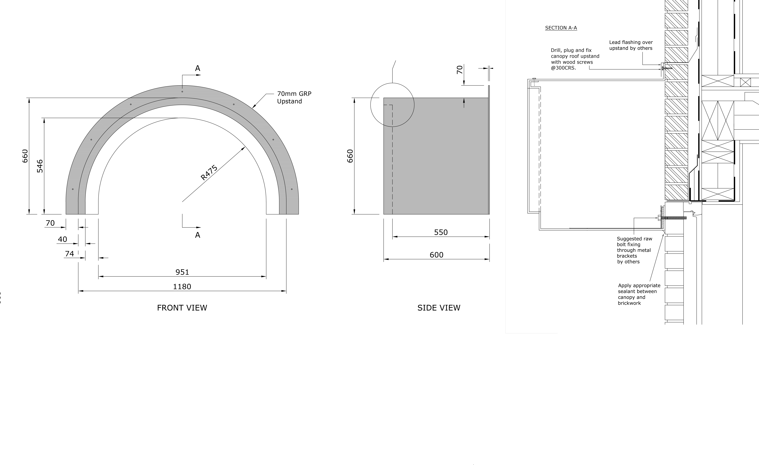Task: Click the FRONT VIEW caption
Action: (182, 308)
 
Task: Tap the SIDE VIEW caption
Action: (439, 308)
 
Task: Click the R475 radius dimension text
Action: (209, 172)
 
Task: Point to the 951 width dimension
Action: (182, 272)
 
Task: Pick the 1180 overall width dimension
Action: (182, 287)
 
